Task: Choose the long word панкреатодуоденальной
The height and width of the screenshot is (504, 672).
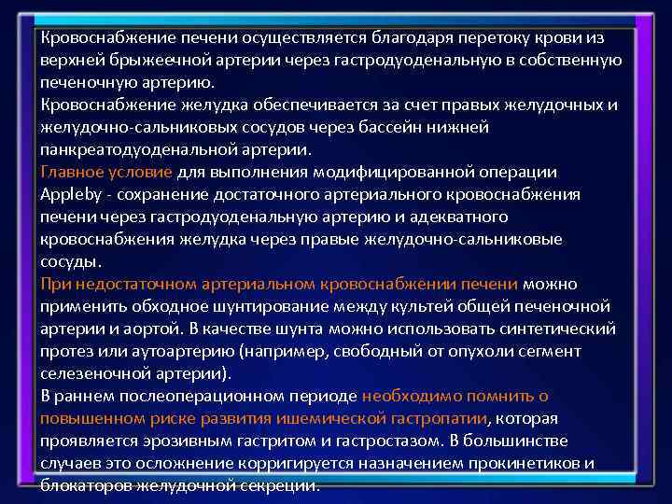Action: click(x=132, y=149)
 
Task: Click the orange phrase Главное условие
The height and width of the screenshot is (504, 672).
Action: click(x=106, y=172)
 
